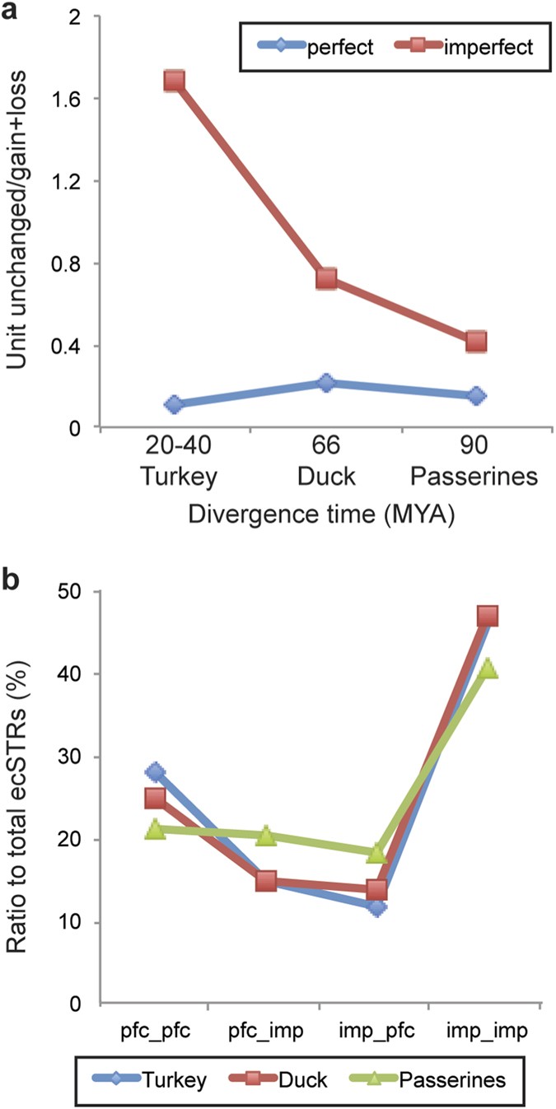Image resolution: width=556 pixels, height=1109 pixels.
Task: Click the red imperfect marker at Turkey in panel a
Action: coord(174,81)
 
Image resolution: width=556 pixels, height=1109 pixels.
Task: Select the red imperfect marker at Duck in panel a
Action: coord(326,279)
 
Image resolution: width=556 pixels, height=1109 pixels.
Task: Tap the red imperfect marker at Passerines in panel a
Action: coord(476,342)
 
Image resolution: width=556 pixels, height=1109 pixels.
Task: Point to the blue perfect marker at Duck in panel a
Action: coord(326,383)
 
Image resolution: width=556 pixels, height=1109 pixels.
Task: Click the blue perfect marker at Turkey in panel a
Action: coord(174,404)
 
